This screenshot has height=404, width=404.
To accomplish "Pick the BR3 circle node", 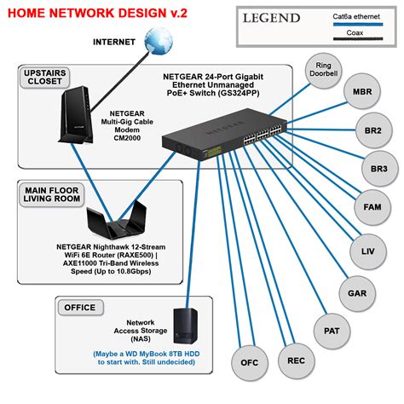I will coord(379,168).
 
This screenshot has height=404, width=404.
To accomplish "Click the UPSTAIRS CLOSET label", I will coord(51,80).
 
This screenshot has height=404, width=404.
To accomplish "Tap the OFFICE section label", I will coord(79,304).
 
